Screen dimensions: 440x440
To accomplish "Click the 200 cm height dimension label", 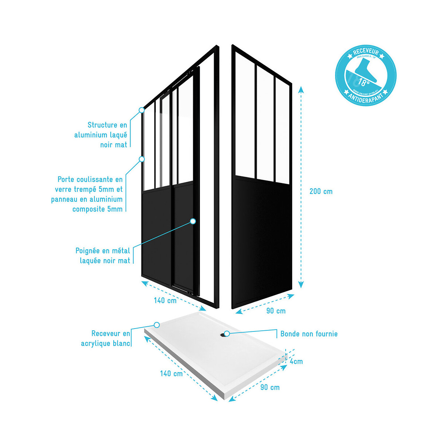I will coord(321,191).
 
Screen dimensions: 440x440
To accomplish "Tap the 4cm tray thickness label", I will coord(296,362).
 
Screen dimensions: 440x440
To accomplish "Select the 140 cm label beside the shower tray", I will coord(171,374).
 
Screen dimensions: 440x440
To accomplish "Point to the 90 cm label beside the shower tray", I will coord(270,388).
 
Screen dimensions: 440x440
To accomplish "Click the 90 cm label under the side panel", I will coord(276,311).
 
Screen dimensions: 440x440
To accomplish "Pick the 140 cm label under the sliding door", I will coord(165,301).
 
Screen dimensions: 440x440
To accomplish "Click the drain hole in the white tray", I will coord(223,334).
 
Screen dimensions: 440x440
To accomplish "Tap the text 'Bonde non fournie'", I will coord(309,334).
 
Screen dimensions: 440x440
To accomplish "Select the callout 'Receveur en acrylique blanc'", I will coord(106,338).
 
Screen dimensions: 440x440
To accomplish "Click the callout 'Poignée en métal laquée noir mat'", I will coord(103,256).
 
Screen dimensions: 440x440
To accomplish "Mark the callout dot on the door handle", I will coord(193,221).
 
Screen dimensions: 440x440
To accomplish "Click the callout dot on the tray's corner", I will coord(157,325).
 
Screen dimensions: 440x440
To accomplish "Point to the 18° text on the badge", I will coord(364,81).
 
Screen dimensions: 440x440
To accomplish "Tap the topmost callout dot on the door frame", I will coord(142,110).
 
